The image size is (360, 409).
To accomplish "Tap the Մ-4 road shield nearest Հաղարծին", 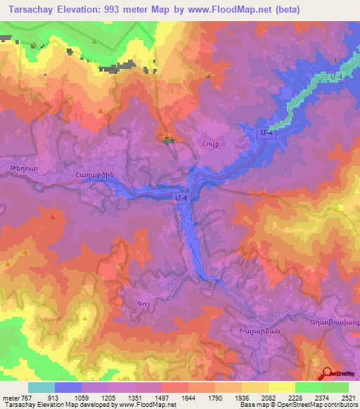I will coord(181,200).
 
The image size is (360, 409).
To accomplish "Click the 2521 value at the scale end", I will coord(347,398).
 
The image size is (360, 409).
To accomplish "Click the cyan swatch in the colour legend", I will coord(41,387).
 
